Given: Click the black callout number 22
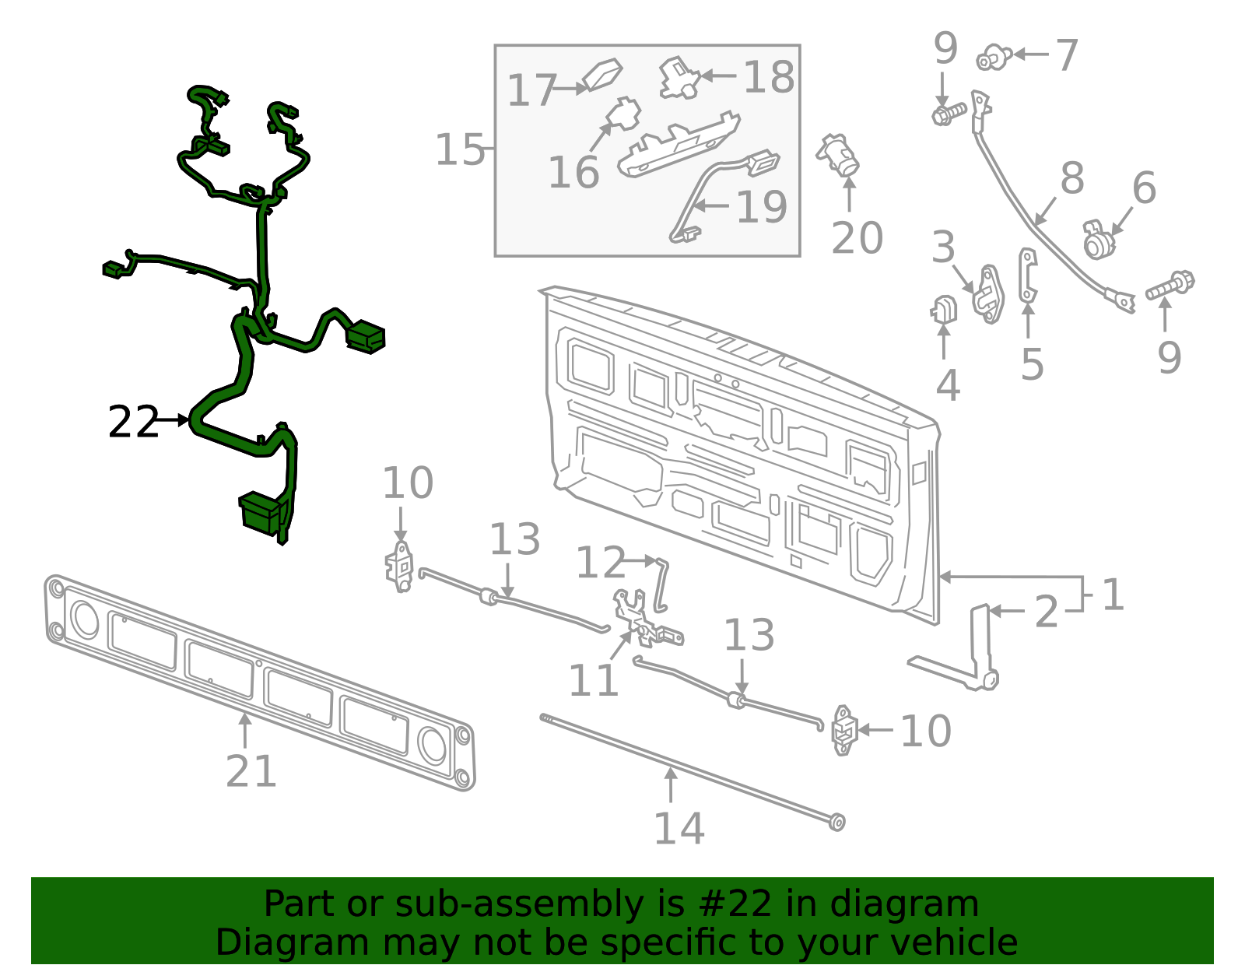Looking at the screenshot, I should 133,422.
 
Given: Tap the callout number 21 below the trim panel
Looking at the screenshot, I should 251,771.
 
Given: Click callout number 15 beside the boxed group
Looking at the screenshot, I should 459,149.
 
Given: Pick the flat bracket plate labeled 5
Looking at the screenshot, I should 1028,275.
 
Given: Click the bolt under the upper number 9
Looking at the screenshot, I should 948,114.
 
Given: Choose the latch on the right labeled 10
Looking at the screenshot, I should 843,730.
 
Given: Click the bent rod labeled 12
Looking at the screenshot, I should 661,584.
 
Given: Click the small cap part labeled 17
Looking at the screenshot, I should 603,75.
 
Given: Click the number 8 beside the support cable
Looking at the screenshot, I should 1072,178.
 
